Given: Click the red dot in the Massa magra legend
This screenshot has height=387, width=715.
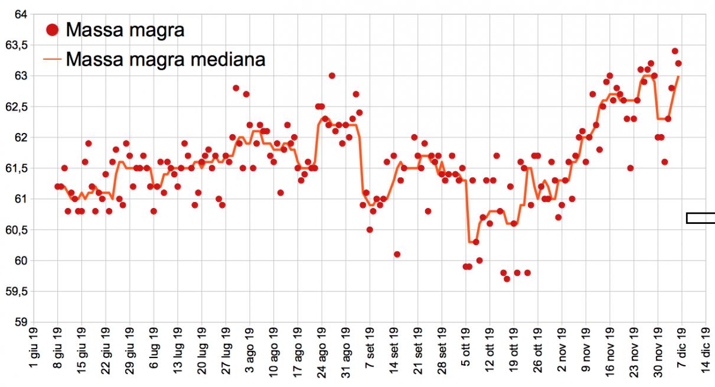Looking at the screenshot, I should (x=53, y=29).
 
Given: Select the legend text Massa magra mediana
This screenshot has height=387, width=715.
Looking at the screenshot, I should (x=165, y=59).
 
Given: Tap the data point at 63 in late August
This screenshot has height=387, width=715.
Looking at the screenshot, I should (x=332, y=76).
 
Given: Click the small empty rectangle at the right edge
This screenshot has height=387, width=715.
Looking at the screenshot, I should (x=700, y=218).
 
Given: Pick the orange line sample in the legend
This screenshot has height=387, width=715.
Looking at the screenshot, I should (x=53, y=59).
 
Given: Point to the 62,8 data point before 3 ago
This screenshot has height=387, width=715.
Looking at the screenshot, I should (x=236, y=88).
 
